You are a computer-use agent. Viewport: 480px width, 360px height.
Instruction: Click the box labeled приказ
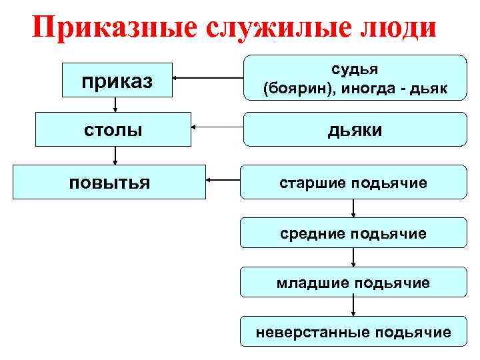[x=117, y=81]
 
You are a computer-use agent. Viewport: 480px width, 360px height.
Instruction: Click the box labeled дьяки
[x=354, y=129]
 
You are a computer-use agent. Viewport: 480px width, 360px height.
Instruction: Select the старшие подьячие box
[x=354, y=182]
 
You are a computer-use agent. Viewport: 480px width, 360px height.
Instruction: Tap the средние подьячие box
[x=354, y=233]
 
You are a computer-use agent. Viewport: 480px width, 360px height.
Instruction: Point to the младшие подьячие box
[x=354, y=283]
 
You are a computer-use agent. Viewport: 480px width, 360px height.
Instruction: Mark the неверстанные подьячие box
[x=354, y=331]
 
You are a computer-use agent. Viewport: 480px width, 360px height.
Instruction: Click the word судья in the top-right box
[x=354, y=69]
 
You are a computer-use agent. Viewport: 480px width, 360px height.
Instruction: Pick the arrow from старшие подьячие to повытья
[x=223, y=179]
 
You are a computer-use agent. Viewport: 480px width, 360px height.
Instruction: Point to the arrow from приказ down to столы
[x=116, y=105]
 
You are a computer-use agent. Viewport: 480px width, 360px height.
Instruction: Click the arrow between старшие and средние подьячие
[x=354, y=208]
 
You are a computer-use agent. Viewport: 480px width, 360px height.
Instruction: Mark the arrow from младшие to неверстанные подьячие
[x=354, y=307]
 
